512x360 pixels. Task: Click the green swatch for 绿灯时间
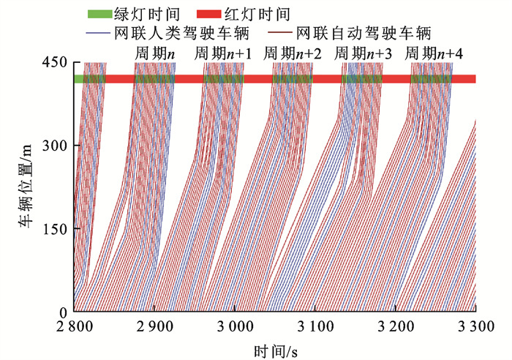click(x=97, y=14)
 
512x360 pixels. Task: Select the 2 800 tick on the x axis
click(x=75, y=325)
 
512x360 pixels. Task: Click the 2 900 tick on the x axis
click(x=155, y=325)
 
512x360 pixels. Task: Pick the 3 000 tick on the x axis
click(x=236, y=325)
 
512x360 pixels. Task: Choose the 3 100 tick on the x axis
click(x=316, y=325)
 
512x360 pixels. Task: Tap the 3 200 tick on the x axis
click(x=396, y=325)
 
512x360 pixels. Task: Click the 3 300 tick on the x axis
click(x=476, y=325)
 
